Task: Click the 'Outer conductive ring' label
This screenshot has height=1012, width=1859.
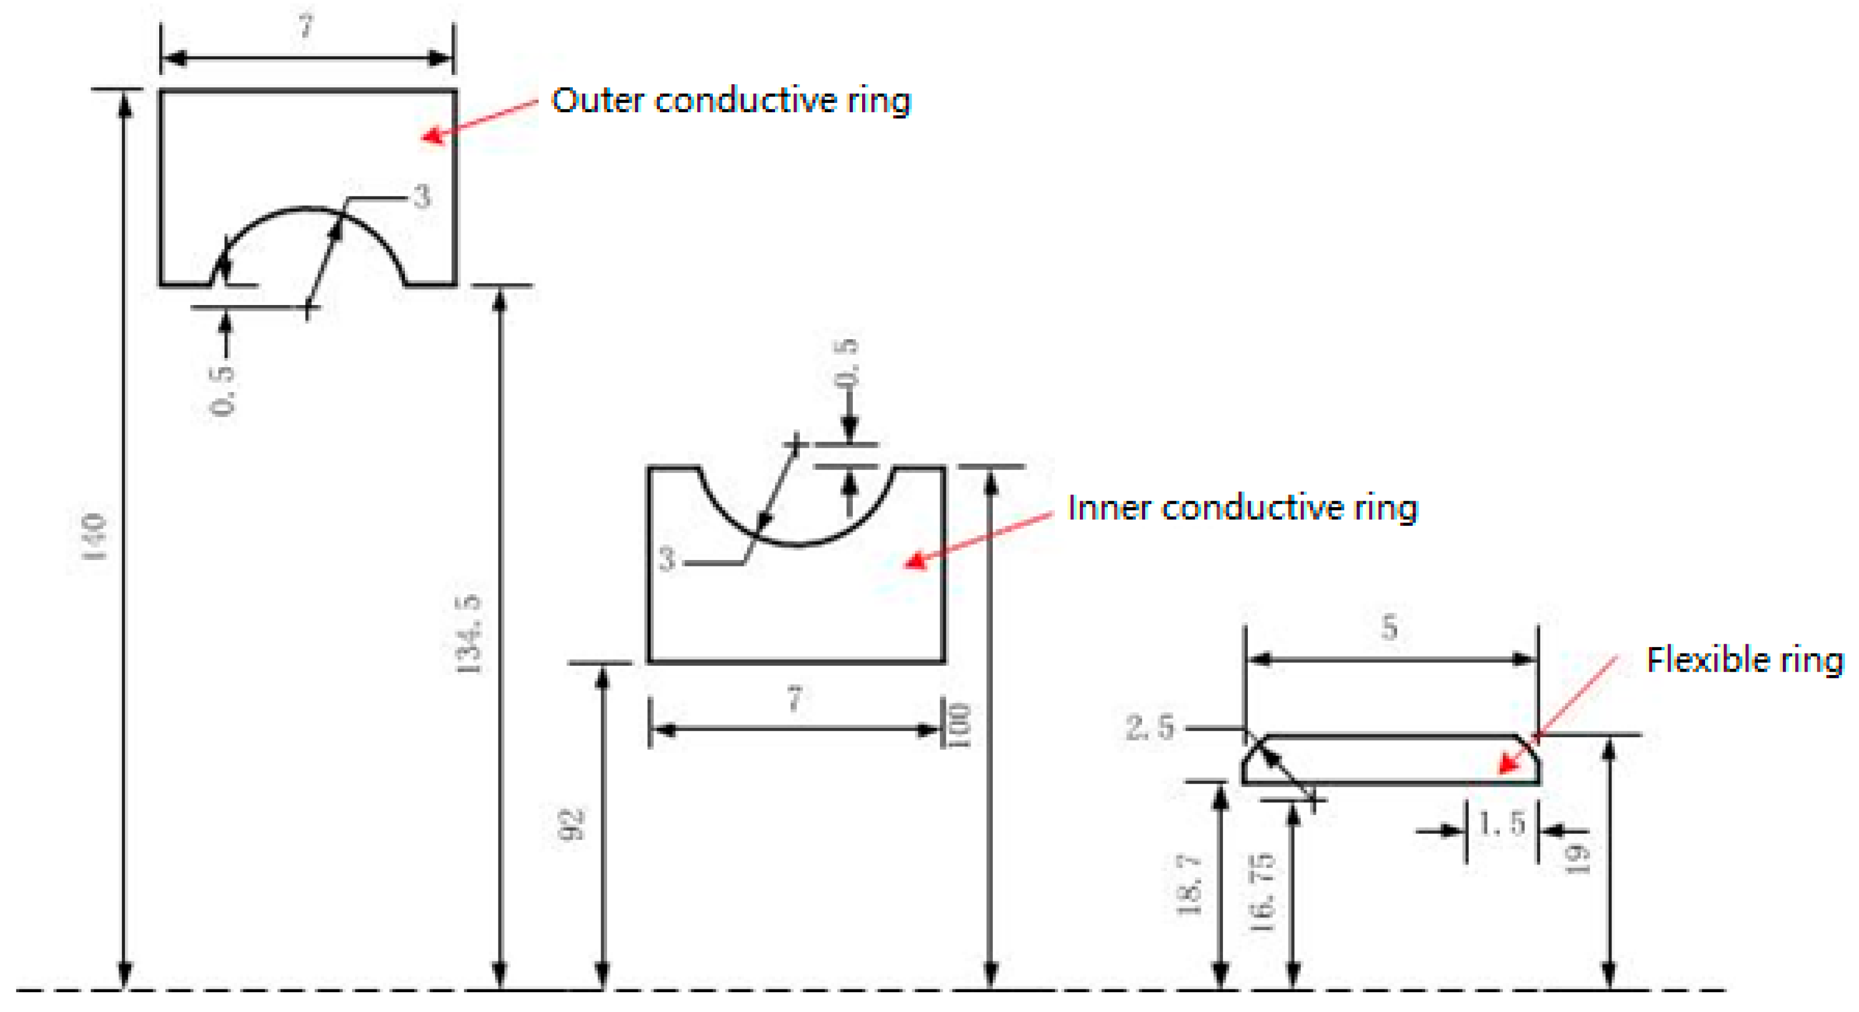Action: pos(730,101)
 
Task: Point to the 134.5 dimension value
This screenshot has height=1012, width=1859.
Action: pos(469,634)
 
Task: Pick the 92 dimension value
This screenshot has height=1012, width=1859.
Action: pos(573,824)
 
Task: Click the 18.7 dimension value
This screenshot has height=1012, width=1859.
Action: pos(1189,885)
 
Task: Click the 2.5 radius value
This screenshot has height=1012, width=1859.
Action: pos(1150,727)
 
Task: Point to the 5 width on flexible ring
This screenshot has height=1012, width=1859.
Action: pos(1389,626)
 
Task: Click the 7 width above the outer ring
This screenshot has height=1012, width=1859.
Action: pos(307,27)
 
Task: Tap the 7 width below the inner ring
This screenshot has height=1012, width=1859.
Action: pos(795,699)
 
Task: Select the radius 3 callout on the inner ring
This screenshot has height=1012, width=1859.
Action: pos(667,559)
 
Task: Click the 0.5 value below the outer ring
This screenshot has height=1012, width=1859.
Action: pos(223,390)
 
